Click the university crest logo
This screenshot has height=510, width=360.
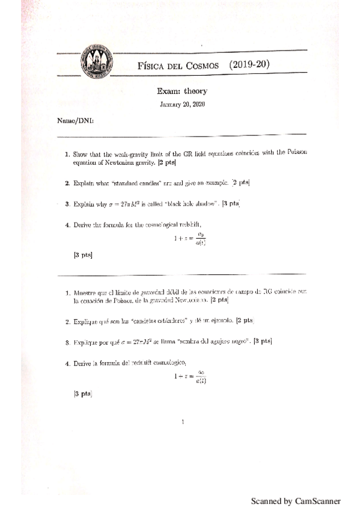(95, 61)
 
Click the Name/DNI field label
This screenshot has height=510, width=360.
(75, 120)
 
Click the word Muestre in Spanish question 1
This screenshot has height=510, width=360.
(87, 291)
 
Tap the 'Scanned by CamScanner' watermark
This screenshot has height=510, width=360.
(296, 501)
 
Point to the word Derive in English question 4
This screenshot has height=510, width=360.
(84, 226)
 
